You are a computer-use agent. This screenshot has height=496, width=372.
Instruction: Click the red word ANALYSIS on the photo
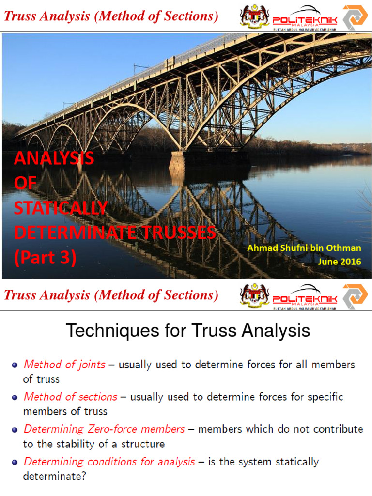click(54, 158)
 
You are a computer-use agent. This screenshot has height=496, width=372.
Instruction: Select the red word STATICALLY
click(61, 208)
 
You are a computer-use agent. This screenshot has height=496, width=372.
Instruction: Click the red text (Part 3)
click(45, 258)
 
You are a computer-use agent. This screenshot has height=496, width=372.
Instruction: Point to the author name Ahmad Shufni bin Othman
click(304, 248)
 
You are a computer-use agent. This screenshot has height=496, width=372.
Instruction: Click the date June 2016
click(340, 262)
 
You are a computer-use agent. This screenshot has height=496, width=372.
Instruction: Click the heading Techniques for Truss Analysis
click(187, 331)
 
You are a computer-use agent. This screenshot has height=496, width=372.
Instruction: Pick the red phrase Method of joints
click(64, 364)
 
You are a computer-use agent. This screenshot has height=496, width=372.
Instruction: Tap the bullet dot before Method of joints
click(15, 365)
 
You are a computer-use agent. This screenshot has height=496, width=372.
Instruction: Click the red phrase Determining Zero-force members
click(104, 429)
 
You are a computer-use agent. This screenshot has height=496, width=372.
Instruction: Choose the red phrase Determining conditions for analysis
click(109, 462)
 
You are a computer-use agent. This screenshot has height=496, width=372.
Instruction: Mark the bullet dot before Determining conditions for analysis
click(15, 462)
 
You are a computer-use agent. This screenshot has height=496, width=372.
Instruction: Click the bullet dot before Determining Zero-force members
click(15, 430)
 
